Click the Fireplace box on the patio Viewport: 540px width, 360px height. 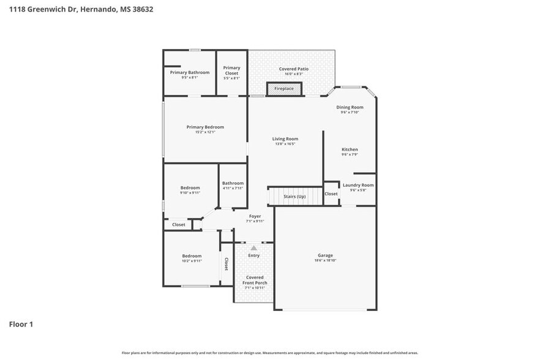[283, 89]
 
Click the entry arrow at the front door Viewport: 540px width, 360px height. [253, 247]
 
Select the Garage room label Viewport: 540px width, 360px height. [325, 255]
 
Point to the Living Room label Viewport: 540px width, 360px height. [285, 139]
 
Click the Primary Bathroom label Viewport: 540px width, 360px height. [189, 72]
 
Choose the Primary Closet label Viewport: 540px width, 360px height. [231, 70]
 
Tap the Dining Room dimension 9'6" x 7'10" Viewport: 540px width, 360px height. [350, 112]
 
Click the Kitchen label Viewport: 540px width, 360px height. [350, 149]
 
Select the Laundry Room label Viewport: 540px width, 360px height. [358, 185]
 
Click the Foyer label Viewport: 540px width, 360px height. [255, 216]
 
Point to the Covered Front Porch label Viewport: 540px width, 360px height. [255, 280]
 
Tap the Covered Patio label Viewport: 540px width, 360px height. [293, 69]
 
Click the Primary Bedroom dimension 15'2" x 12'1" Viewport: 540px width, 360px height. [205, 132]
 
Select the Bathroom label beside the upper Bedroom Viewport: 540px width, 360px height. [233, 183]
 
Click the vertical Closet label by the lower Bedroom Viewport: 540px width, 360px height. [226, 264]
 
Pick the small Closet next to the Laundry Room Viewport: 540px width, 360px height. [331, 193]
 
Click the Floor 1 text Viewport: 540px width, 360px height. [21, 324]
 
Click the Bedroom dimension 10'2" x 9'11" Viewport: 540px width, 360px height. [192, 261]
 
